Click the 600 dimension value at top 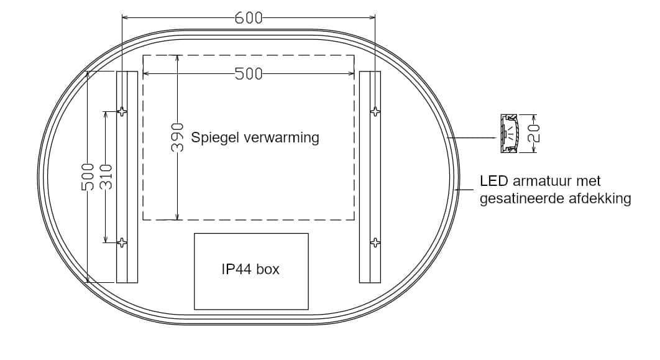[x=249, y=17]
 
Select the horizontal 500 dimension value [x=249, y=74]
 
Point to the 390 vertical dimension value [x=178, y=137]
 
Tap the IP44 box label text [x=250, y=269]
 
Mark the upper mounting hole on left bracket [x=123, y=112]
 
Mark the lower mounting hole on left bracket [x=123, y=242]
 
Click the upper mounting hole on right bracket [x=375, y=112]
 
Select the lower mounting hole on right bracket [x=375, y=242]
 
